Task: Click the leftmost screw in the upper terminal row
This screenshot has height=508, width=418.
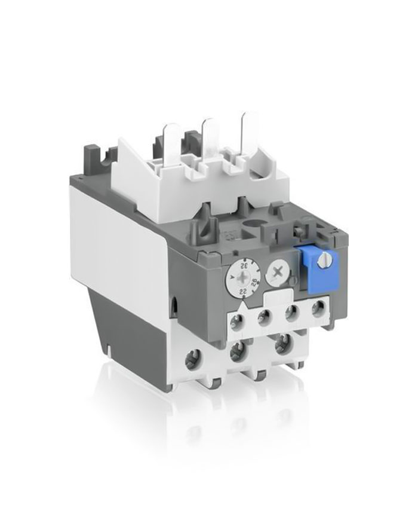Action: click(x=237, y=323)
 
